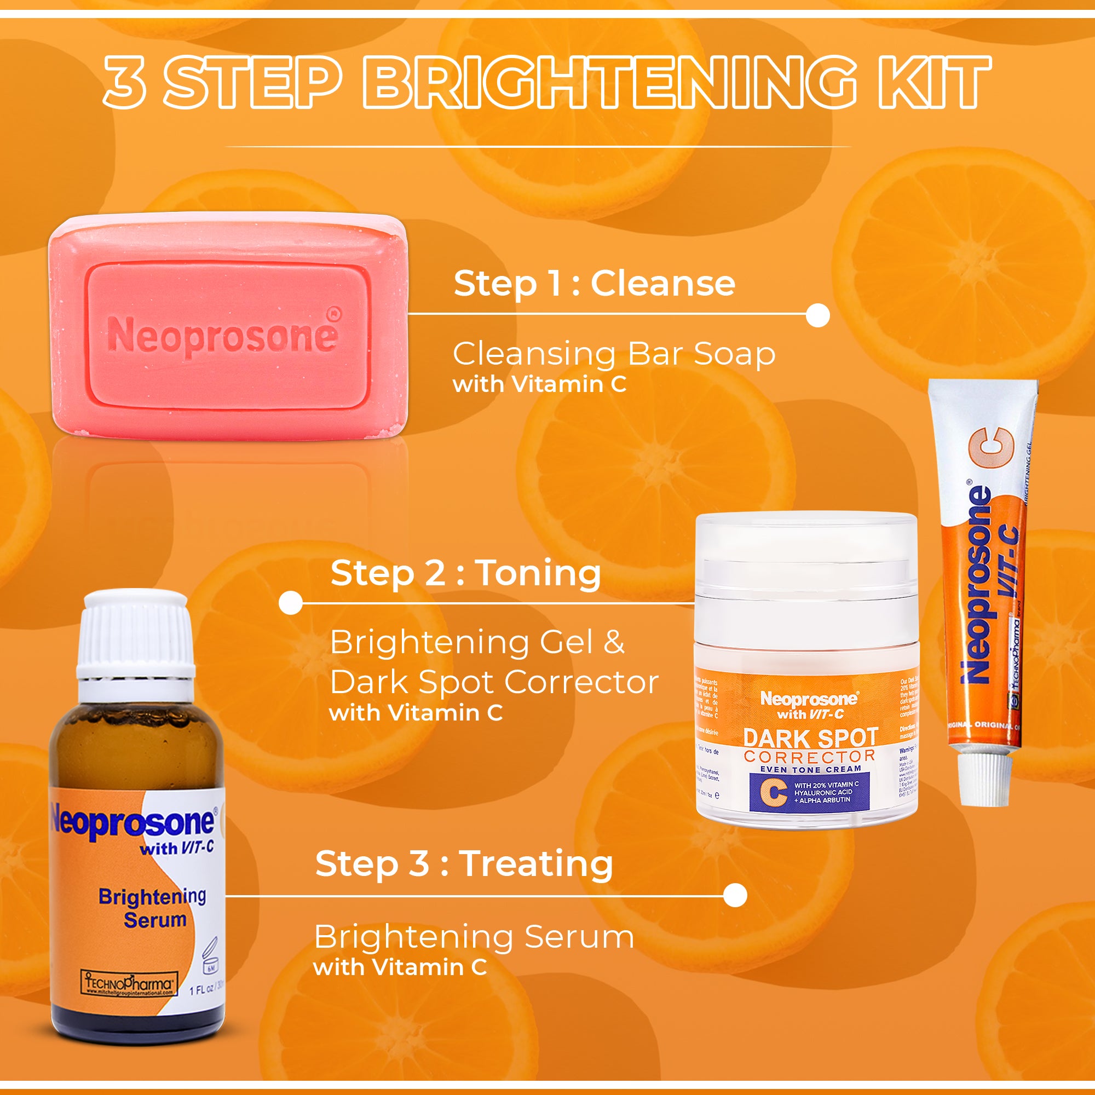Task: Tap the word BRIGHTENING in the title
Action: click(x=609, y=82)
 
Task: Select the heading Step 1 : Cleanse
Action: click(x=594, y=283)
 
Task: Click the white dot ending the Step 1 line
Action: click(x=817, y=315)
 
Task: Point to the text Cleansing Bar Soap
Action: click(x=614, y=354)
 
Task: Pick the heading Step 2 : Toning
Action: click(x=465, y=573)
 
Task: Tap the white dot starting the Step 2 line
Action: click(x=291, y=603)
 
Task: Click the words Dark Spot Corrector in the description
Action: click(x=494, y=682)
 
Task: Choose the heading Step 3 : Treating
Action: click(x=464, y=864)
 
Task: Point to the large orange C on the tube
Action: click(x=990, y=448)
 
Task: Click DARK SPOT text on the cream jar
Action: click(x=810, y=738)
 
